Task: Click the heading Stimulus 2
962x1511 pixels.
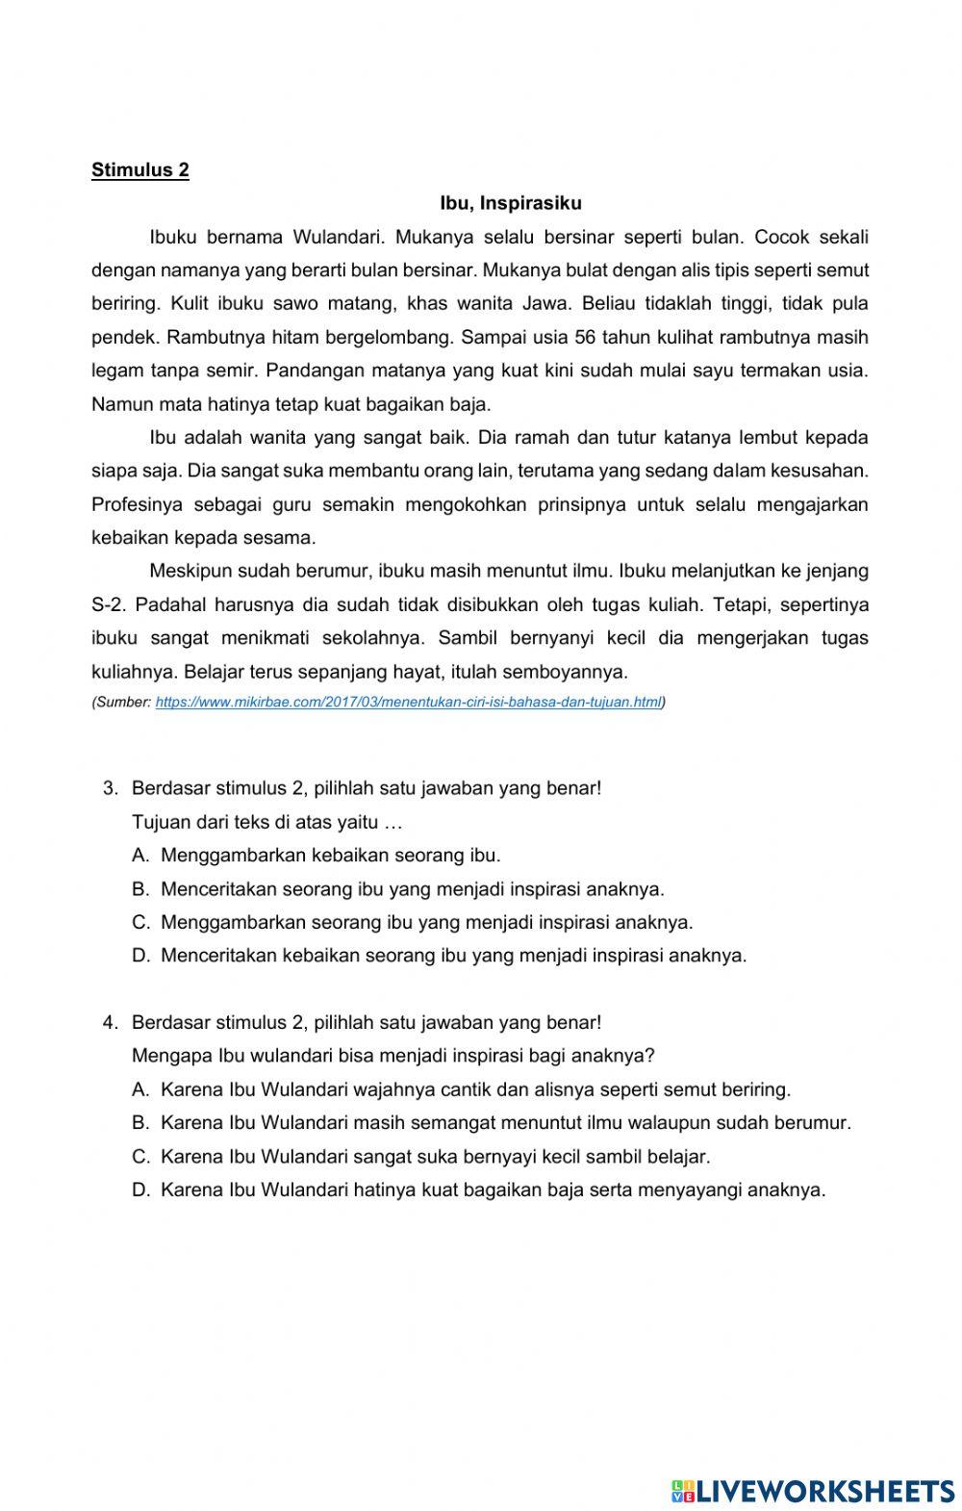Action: point(140,170)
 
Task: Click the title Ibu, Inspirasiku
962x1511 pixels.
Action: point(511,204)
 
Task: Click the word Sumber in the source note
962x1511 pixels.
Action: point(122,703)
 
